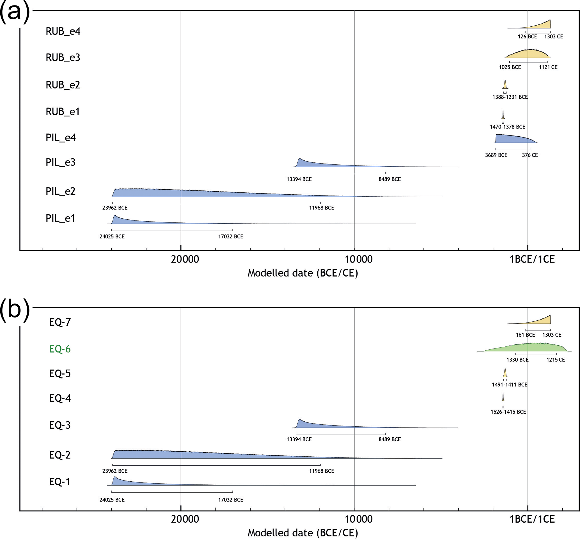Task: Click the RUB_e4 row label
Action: [x=63, y=31]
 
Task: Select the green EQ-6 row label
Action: [x=60, y=349]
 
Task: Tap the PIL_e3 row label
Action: [x=60, y=162]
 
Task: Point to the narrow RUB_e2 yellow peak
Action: [x=505, y=85]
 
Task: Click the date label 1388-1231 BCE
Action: [x=510, y=97]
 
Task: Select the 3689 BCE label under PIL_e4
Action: [x=496, y=155]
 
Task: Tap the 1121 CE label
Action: [x=548, y=67]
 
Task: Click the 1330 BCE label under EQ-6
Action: [x=517, y=360]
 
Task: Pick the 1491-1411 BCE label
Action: [x=509, y=385]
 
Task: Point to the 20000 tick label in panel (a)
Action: [x=185, y=259]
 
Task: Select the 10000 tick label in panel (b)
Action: [x=359, y=519]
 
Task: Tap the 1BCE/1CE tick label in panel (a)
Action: [x=532, y=259]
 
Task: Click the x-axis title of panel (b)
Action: [x=302, y=533]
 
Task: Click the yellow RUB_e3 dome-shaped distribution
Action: [x=528, y=54]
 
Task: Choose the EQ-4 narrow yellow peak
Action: [x=503, y=397]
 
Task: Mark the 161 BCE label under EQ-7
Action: [x=525, y=335]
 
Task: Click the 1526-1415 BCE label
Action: [x=508, y=412]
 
